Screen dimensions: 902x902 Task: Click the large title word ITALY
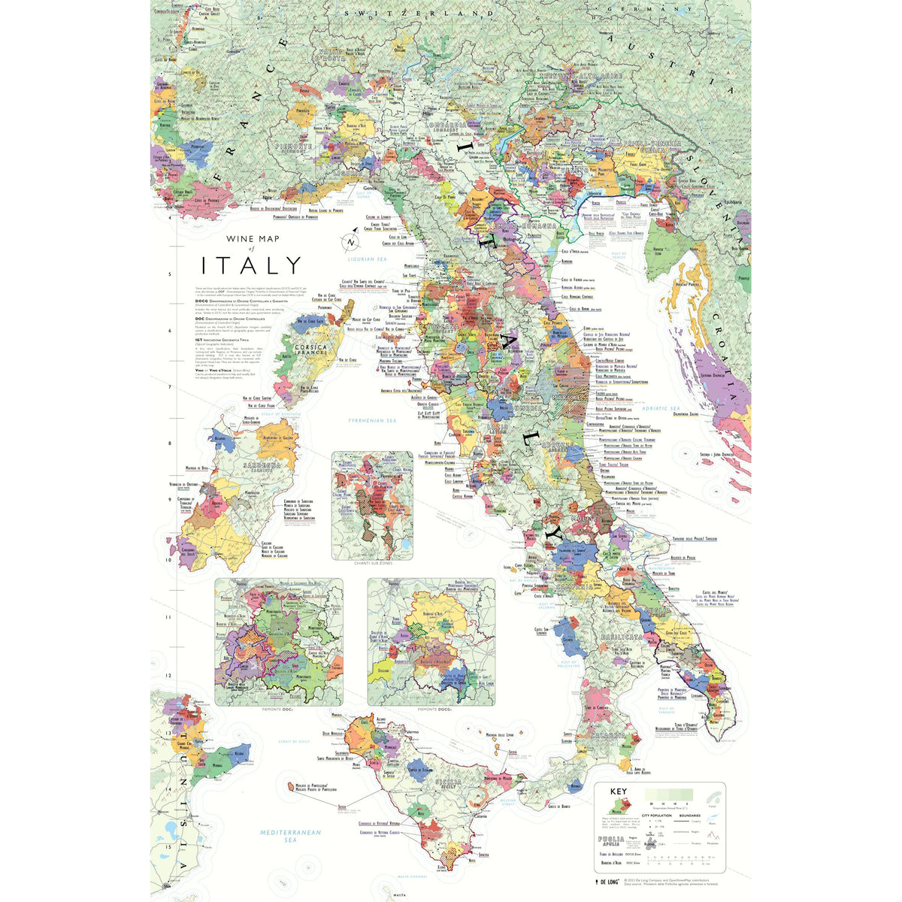pyautogui.click(x=251, y=265)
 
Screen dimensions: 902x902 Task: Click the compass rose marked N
pyautogui.click(x=350, y=243)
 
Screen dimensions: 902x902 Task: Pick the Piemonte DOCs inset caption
pyautogui.click(x=278, y=709)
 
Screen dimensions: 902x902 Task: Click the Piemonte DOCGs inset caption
pyautogui.click(x=431, y=709)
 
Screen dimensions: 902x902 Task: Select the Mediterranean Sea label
pyautogui.click(x=290, y=837)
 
